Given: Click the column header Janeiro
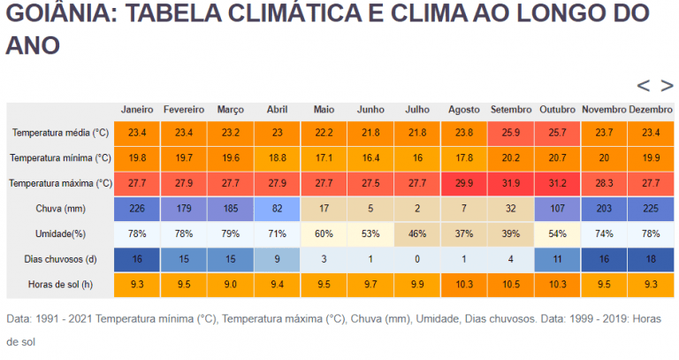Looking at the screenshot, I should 137,110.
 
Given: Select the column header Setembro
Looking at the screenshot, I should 511,110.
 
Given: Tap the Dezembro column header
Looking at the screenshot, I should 651,110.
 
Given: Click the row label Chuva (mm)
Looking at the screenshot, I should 61,209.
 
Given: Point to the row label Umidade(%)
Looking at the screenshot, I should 61,234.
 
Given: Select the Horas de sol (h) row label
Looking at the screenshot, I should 61,286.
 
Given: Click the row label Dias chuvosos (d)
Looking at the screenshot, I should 61,260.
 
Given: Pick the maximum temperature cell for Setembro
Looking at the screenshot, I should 511,183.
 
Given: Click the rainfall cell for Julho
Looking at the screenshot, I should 417,209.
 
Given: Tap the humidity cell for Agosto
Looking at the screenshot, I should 464,234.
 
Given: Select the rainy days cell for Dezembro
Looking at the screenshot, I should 651,260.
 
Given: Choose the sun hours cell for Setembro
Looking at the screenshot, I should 511,286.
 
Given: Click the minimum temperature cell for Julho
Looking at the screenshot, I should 417,157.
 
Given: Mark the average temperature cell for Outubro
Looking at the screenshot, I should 557,133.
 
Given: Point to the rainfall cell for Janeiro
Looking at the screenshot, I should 137,209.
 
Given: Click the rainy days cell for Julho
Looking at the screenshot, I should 417,260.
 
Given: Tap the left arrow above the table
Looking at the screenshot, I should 644,86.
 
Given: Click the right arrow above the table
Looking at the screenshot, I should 667,86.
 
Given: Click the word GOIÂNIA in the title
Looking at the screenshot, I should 52,14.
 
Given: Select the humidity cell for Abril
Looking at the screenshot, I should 277,234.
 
